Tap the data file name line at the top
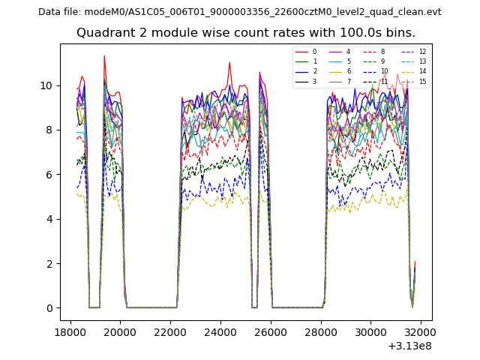tap(239, 11)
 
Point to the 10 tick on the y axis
tap(47, 85)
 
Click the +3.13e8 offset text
tap(409, 346)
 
